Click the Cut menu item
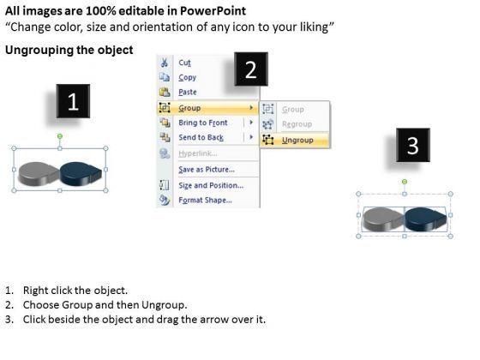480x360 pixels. tap(184, 63)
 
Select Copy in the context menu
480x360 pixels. tap(188, 77)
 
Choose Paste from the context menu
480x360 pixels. tap(188, 93)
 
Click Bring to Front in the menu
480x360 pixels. tap(203, 123)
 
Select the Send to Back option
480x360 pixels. tap(201, 137)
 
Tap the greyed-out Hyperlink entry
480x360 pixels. tap(198, 153)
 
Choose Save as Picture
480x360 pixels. tap(207, 170)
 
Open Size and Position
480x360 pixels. tap(211, 185)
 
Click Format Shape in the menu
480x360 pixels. tap(205, 201)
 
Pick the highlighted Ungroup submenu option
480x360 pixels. tap(297, 141)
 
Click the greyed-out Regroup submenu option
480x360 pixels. tap(297, 124)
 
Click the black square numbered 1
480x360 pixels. tap(73, 101)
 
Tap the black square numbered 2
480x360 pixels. tap(251, 69)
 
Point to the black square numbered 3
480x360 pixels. tap(413, 145)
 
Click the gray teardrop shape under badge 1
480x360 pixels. tap(38, 173)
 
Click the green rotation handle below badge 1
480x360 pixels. tap(60, 136)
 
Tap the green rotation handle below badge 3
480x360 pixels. tap(405, 182)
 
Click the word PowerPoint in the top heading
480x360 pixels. tap(213, 11)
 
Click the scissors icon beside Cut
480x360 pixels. tap(165, 63)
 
